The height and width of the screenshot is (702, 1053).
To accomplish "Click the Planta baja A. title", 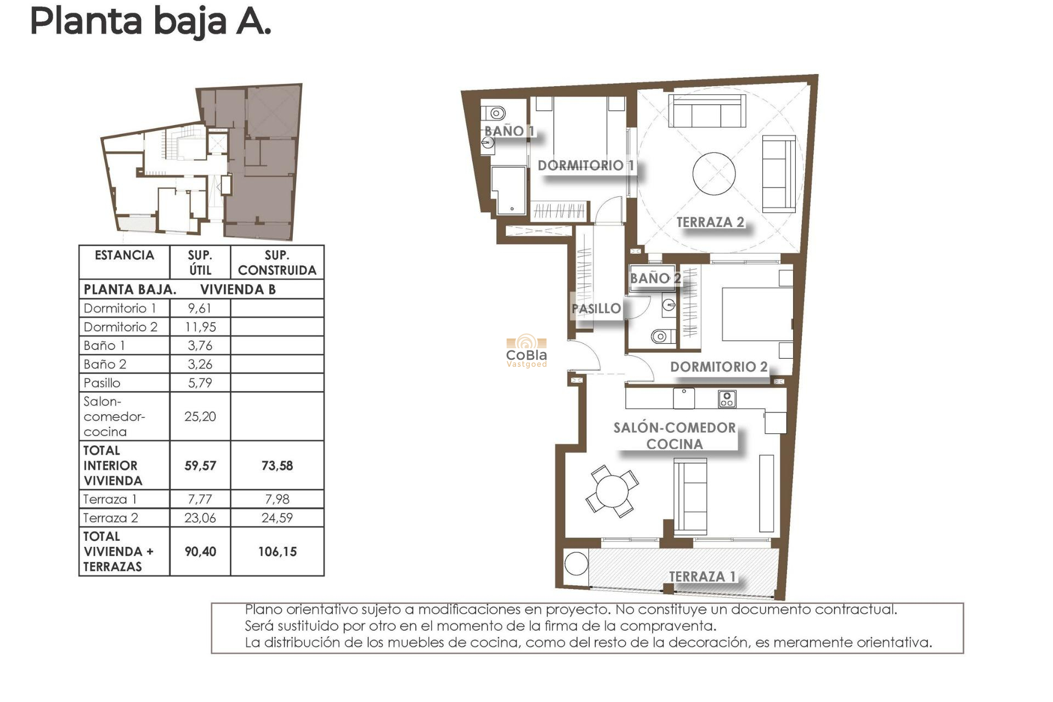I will click(150, 22).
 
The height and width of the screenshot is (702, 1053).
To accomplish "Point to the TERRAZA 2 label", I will click(710, 222).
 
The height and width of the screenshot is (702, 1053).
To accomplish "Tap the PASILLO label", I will click(596, 309).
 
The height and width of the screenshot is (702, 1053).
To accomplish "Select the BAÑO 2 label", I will click(655, 278).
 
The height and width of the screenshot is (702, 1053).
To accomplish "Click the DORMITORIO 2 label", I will click(718, 367).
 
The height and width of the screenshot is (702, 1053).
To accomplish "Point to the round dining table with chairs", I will click(612, 491).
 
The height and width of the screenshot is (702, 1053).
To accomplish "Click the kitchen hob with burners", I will click(727, 399).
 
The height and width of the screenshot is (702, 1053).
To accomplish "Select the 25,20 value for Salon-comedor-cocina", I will click(200, 416).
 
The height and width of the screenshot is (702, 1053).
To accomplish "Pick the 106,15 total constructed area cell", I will click(277, 552).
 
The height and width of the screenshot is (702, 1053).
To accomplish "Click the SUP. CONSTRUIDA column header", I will click(277, 263).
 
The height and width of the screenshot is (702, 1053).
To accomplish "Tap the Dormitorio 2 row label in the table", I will click(121, 327).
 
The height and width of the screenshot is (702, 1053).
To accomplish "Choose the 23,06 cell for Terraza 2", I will click(200, 518).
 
